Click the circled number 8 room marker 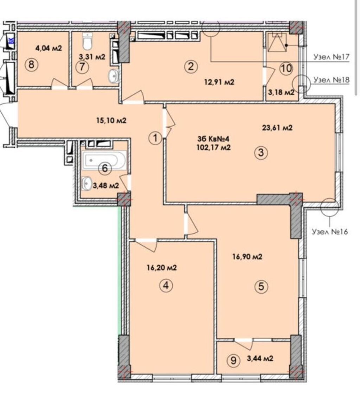click(x=31, y=64)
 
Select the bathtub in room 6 click(x=104, y=160)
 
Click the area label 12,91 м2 click(x=219, y=82)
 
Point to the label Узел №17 click(x=331, y=57)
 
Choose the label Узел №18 click(x=331, y=80)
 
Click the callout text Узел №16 click(x=329, y=232)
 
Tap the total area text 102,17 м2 click(x=213, y=147)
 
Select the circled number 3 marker click(x=261, y=153)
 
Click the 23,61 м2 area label click(x=277, y=127)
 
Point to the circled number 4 click(x=166, y=286)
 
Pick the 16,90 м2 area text click(x=247, y=257)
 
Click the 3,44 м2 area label click(x=260, y=358)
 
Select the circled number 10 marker click(x=286, y=68)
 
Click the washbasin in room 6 click(x=86, y=183)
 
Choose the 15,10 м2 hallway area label click(x=111, y=120)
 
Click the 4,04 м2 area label click(x=49, y=48)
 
